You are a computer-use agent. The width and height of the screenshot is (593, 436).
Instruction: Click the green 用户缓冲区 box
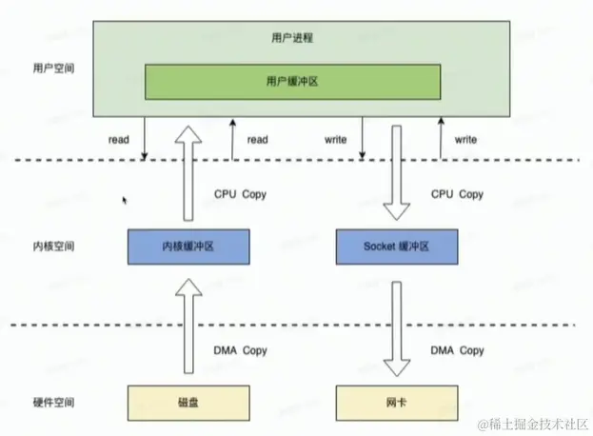click(x=293, y=82)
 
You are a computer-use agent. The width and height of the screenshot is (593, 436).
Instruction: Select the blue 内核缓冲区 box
click(x=188, y=246)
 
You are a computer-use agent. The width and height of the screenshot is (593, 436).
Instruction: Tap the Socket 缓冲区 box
click(x=398, y=246)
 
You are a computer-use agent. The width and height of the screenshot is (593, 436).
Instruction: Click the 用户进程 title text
click(x=293, y=39)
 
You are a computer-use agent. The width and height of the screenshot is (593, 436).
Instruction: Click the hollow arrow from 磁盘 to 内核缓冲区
click(x=189, y=324)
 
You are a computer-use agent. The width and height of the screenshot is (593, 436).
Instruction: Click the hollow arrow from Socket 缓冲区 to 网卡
click(x=398, y=324)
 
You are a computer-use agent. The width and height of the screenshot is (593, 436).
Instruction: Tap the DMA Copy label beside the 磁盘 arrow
click(x=241, y=351)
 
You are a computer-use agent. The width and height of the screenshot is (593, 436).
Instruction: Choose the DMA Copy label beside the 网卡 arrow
click(x=458, y=351)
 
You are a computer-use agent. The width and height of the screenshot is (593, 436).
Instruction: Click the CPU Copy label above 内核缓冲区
click(x=241, y=194)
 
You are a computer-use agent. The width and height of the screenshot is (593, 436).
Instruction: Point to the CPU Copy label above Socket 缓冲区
click(x=458, y=194)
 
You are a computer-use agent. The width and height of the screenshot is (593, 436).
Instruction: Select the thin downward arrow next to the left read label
click(x=145, y=139)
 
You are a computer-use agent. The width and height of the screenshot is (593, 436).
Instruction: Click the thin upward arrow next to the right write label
click(x=441, y=139)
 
